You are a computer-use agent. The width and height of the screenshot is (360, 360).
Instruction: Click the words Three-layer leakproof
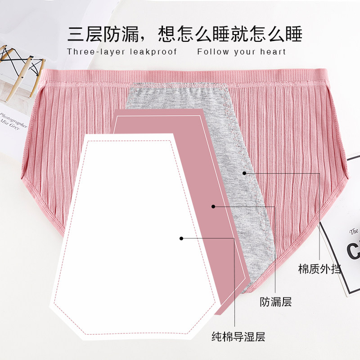pos(122,52)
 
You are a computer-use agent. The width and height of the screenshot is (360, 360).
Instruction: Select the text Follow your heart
pos(242,52)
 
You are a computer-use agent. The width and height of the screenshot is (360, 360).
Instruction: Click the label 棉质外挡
pos(319,270)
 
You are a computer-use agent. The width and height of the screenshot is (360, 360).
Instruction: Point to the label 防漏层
pos(276,302)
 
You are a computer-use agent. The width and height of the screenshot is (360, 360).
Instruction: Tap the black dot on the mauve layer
pos(214,207)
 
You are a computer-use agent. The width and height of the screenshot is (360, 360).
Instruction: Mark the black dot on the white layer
pos(181,238)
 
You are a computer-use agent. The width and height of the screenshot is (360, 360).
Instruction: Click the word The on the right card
pos(354,232)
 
